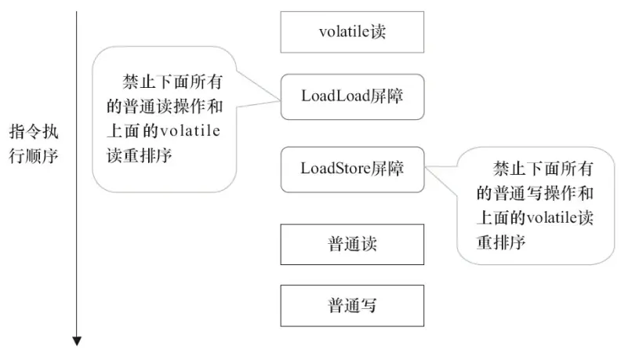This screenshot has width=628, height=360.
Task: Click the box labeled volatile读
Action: (x=352, y=32)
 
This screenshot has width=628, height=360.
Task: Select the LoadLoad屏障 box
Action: (x=352, y=97)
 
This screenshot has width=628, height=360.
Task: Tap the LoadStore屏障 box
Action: (x=352, y=169)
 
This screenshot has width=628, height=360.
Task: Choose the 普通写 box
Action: (x=352, y=305)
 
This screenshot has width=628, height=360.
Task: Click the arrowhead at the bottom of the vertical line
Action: (x=77, y=340)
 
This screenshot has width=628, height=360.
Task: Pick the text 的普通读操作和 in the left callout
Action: (x=162, y=107)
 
